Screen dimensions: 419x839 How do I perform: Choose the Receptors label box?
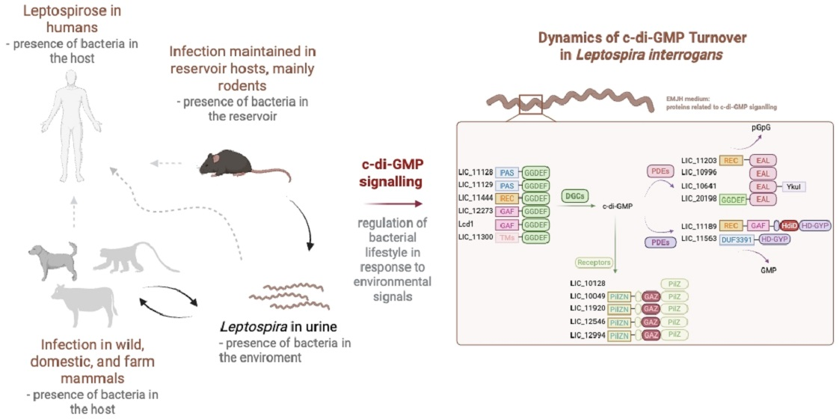click(593, 263)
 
